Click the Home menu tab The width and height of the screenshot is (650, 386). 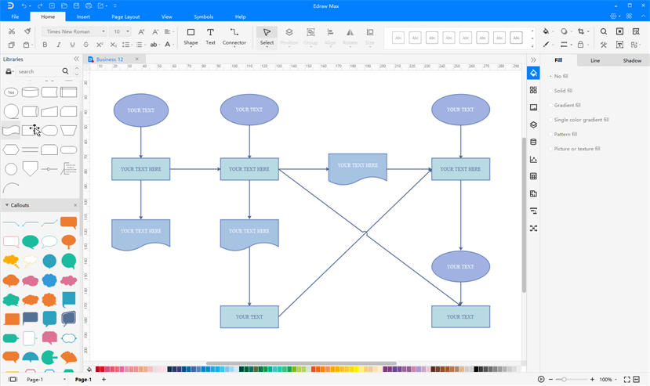pos(48,16)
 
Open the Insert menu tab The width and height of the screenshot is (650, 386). pos(83,16)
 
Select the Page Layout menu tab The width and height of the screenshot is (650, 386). pos(125,16)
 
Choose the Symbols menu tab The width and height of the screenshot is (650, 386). pos(203,16)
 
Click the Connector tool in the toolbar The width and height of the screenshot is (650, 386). pos(234,36)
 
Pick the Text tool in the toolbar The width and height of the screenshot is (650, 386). pos(210,36)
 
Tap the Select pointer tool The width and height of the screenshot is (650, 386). pos(267,36)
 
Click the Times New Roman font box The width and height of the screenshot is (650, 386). pos(74,32)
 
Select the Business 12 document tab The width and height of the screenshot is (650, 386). pos(110,60)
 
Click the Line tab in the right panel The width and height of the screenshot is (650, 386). pos(595,60)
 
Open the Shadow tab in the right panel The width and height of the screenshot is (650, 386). pos(632,60)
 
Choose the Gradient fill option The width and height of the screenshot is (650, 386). pos(567,105)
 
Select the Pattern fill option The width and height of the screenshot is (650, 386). pos(565,134)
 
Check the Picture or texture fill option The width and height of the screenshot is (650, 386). pos(576,149)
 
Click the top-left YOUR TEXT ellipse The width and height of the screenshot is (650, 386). pos(141,110)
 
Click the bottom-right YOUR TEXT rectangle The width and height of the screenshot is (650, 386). pos(460,316)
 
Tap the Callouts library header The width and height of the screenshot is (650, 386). pos(20,205)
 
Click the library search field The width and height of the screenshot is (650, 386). pos(38,71)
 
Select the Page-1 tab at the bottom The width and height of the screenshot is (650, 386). pos(83,380)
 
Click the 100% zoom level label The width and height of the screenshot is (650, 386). pos(606,380)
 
